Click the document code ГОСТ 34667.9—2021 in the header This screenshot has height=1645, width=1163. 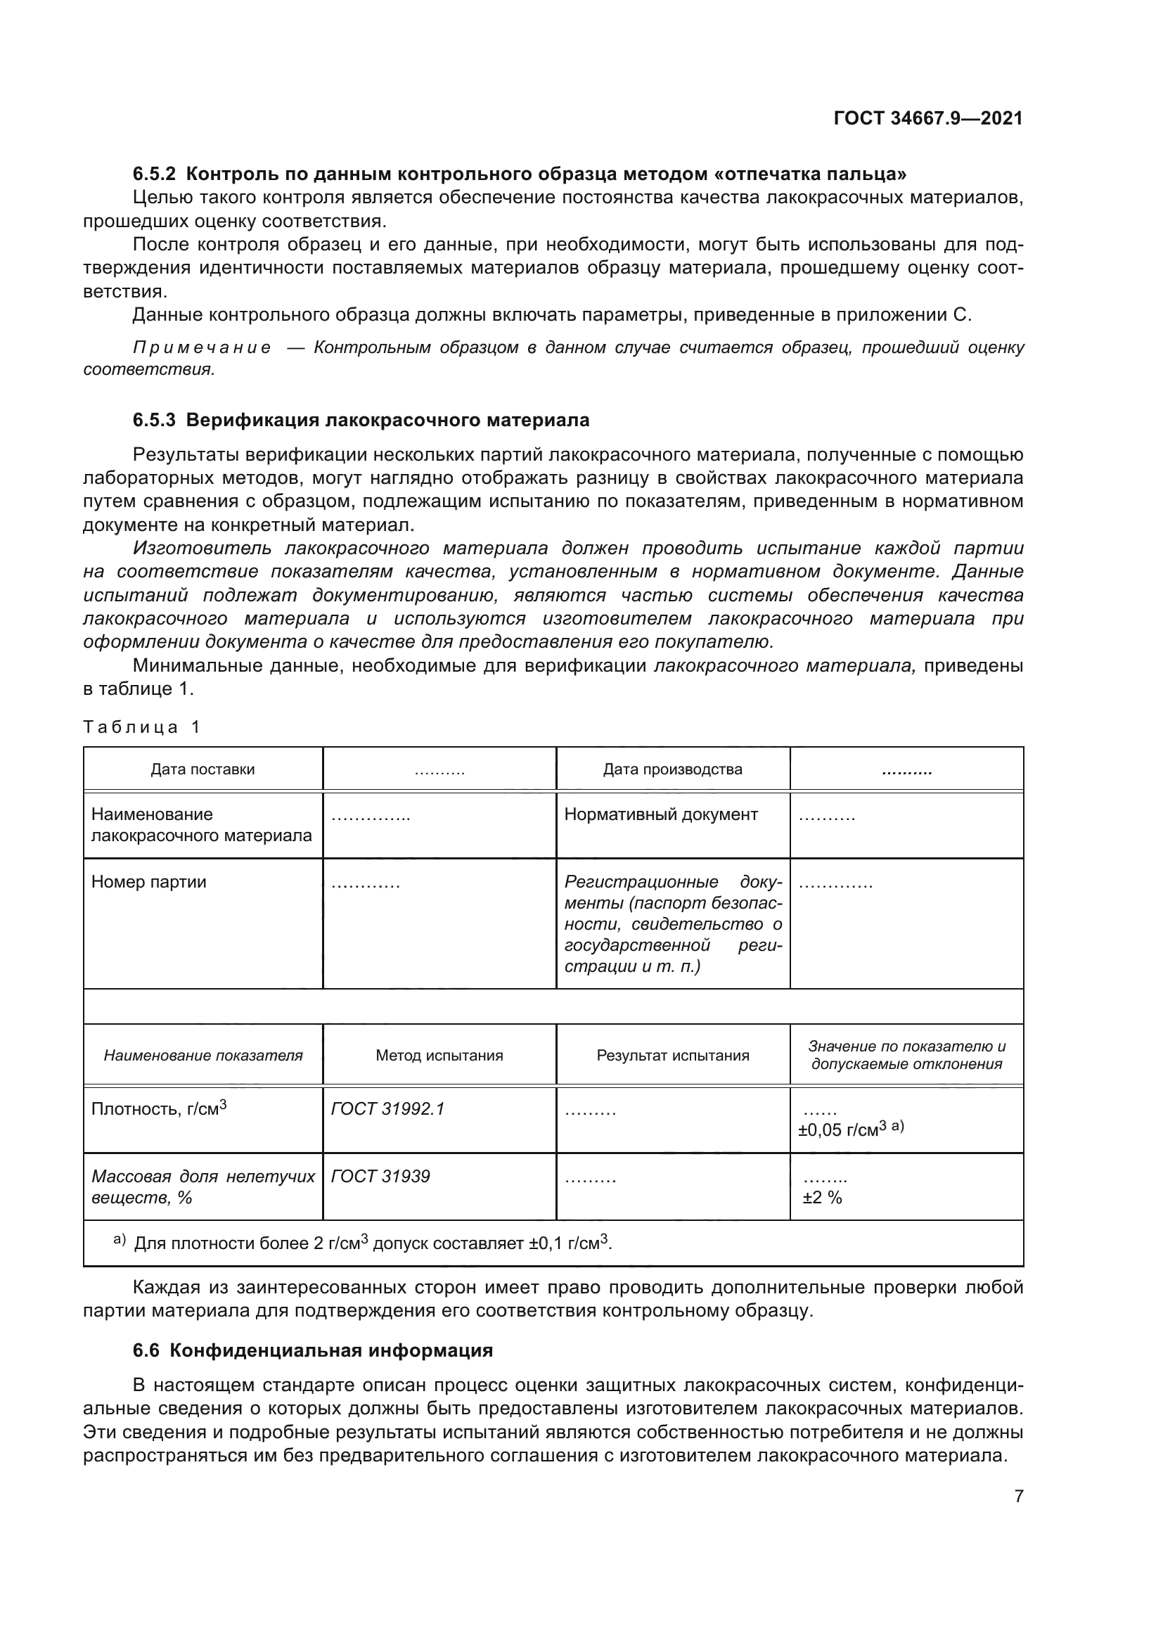click(928, 118)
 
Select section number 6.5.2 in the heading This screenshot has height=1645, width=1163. click(154, 174)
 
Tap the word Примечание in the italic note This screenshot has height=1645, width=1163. click(203, 348)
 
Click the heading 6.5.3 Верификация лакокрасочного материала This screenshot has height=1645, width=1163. click(361, 420)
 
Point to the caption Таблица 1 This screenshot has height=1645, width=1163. click(141, 727)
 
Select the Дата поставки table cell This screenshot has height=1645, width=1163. click(203, 769)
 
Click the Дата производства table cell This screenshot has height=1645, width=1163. click(672, 769)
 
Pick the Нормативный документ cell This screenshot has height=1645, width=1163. click(660, 814)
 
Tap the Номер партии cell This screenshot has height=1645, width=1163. click(149, 882)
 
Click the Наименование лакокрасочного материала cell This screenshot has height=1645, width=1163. click(201, 825)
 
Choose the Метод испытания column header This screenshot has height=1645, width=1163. click(439, 1056)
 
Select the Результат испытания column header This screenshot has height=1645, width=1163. click(672, 1056)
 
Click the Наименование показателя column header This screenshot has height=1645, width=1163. click(203, 1056)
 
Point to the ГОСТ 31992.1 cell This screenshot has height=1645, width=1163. click(387, 1109)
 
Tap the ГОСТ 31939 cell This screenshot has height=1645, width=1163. click(380, 1177)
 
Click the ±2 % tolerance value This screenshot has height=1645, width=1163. click(822, 1198)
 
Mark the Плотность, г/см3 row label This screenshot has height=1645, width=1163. click(158, 1109)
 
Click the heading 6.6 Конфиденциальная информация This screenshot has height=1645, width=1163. click(313, 1350)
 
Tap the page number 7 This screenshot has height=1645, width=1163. click(1018, 1497)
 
